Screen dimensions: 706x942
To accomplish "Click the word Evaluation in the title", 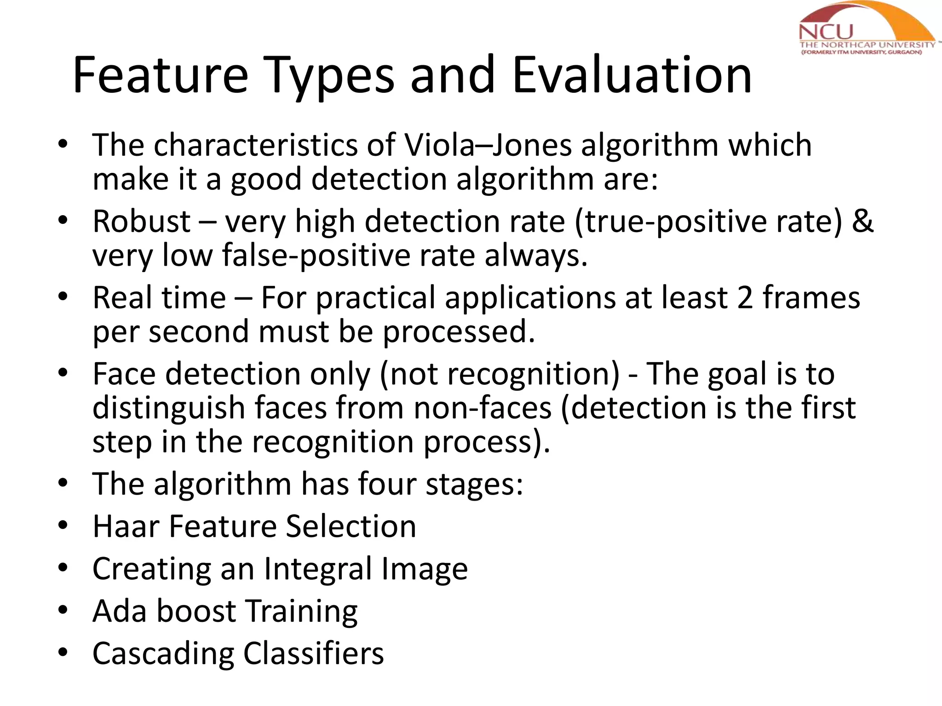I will [x=632, y=74].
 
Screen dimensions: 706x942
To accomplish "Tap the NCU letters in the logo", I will [x=826, y=32].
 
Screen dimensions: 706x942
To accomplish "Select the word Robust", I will [x=141, y=222].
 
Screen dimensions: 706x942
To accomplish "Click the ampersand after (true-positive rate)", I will [x=862, y=222].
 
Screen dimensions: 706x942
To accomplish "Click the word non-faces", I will [x=482, y=408].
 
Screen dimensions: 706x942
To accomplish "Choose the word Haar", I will [x=126, y=526].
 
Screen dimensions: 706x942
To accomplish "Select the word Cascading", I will [x=163, y=654].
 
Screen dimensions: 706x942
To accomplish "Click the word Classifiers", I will [x=313, y=654].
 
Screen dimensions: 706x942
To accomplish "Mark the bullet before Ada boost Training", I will [x=63, y=611].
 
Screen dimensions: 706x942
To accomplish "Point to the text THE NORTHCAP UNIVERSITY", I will [x=867, y=45].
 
